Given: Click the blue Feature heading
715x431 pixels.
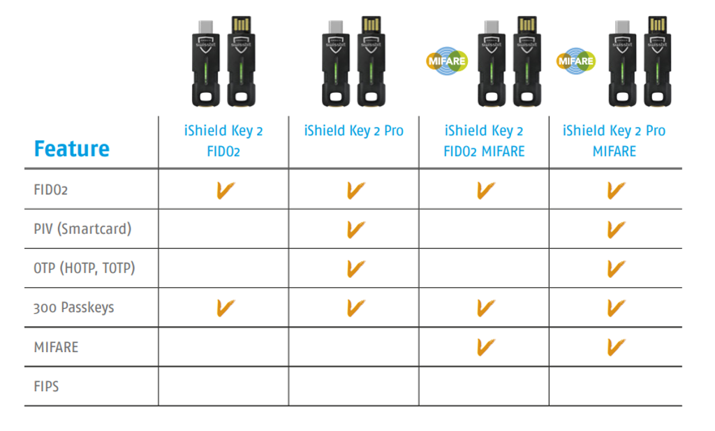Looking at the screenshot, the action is [x=72, y=149].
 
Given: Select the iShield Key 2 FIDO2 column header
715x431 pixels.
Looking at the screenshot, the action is [x=223, y=141].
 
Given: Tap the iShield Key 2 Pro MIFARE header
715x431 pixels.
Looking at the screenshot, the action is [x=614, y=141].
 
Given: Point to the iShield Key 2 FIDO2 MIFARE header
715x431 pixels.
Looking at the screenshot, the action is [x=484, y=141].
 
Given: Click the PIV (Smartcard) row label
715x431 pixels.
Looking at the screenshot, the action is [x=82, y=228].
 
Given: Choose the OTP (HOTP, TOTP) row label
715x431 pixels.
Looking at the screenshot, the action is [x=84, y=268].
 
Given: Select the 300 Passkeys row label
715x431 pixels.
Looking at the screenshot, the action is [x=74, y=307].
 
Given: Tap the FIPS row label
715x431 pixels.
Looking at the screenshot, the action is [x=46, y=386].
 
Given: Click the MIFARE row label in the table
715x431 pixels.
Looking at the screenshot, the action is [x=56, y=347].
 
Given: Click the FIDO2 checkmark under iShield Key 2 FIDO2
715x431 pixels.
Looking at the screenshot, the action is [x=225, y=190].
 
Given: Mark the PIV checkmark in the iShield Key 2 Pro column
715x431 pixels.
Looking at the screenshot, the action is [x=355, y=229].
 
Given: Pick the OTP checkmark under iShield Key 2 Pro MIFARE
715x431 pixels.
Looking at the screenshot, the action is [x=616, y=269].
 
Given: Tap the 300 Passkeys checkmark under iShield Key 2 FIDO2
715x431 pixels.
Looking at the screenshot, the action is [x=225, y=308].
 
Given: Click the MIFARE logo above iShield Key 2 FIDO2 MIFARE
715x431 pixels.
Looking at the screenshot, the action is [x=447, y=61].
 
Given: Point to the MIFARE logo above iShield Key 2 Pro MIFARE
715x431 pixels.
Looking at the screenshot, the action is [x=576, y=61].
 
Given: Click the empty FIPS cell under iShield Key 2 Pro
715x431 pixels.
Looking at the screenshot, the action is [x=354, y=386].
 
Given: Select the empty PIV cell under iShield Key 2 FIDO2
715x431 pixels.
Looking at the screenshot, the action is [x=223, y=228].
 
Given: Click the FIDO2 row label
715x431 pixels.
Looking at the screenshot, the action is [x=50, y=189].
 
